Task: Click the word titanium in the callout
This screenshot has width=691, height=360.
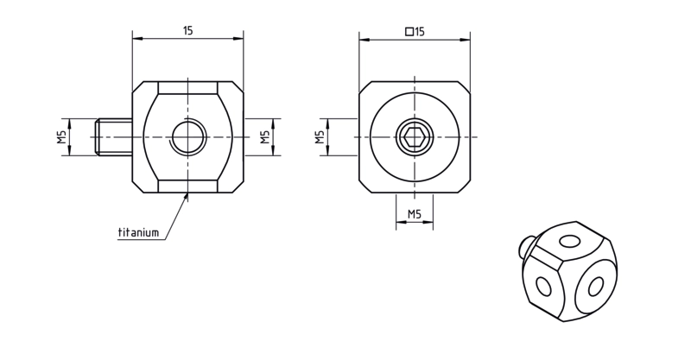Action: pos(138,232)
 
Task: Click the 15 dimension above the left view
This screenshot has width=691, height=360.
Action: pos(188,31)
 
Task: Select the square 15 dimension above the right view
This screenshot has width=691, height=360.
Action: pos(415,32)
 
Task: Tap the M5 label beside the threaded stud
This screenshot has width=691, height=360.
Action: pos(61,137)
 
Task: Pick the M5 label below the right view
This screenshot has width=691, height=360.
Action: pos(415,214)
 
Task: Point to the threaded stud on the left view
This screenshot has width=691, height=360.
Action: pos(114,137)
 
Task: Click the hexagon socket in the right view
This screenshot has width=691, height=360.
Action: pos(415,137)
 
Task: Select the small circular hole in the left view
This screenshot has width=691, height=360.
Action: pos(188,137)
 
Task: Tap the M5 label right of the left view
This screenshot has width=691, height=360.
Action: pos(264,137)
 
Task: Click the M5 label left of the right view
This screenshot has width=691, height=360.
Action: pos(320,137)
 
